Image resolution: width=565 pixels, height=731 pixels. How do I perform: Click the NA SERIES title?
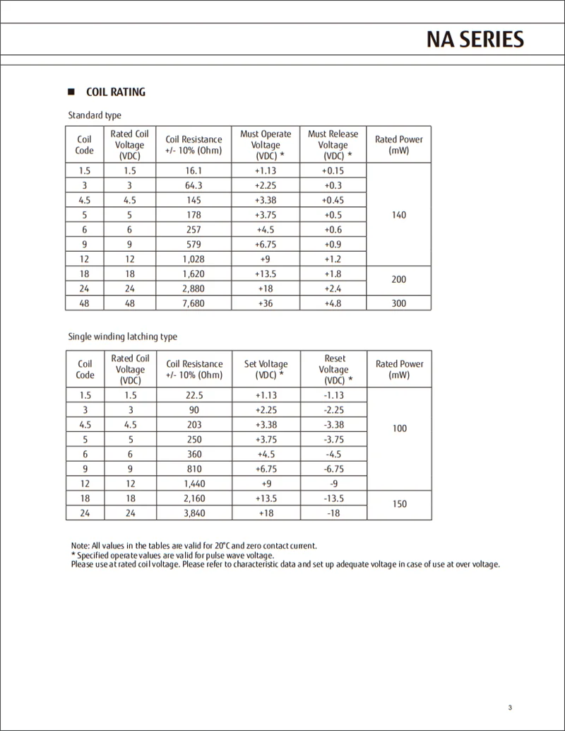475,40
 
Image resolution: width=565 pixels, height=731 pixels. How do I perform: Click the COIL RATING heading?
115,92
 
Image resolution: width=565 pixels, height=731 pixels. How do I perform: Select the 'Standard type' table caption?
95,115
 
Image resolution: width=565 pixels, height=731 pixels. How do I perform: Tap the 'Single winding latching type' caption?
122,337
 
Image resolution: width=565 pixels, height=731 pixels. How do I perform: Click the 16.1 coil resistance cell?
194,170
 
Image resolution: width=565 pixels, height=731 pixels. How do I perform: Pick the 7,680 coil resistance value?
194,303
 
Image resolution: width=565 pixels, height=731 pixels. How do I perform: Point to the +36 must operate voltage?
266,303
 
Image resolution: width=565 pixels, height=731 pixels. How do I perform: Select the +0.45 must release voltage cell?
333,200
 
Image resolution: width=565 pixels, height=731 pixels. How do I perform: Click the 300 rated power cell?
399,303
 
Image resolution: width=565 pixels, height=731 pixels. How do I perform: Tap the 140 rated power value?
399,215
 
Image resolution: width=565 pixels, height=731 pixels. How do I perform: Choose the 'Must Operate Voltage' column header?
266,145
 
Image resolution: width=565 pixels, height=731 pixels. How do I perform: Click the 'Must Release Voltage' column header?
333,145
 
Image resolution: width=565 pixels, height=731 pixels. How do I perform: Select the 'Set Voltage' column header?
266,369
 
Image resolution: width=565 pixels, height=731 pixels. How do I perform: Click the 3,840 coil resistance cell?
194,513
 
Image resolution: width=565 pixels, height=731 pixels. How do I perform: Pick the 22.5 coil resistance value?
194,395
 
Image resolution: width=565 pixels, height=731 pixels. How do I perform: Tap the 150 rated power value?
399,504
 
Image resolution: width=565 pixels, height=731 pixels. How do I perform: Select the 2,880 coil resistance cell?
194,288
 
